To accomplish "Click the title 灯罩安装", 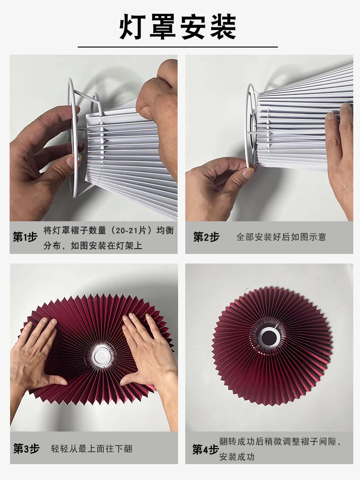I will click(x=178, y=26).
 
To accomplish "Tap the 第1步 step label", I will click(x=25, y=238).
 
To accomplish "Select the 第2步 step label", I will click(x=206, y=237).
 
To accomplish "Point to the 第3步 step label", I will click(x=25, y=449).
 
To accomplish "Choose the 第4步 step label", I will click(x=205, y=449).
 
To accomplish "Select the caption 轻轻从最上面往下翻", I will click(x=92, y=449).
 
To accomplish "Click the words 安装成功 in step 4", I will click(x=237, y=456).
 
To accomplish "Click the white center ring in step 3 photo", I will click(x=101, y=356).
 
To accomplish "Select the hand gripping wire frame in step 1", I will click(x=41, y=154).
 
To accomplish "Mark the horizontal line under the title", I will click(x=178, y=47).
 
